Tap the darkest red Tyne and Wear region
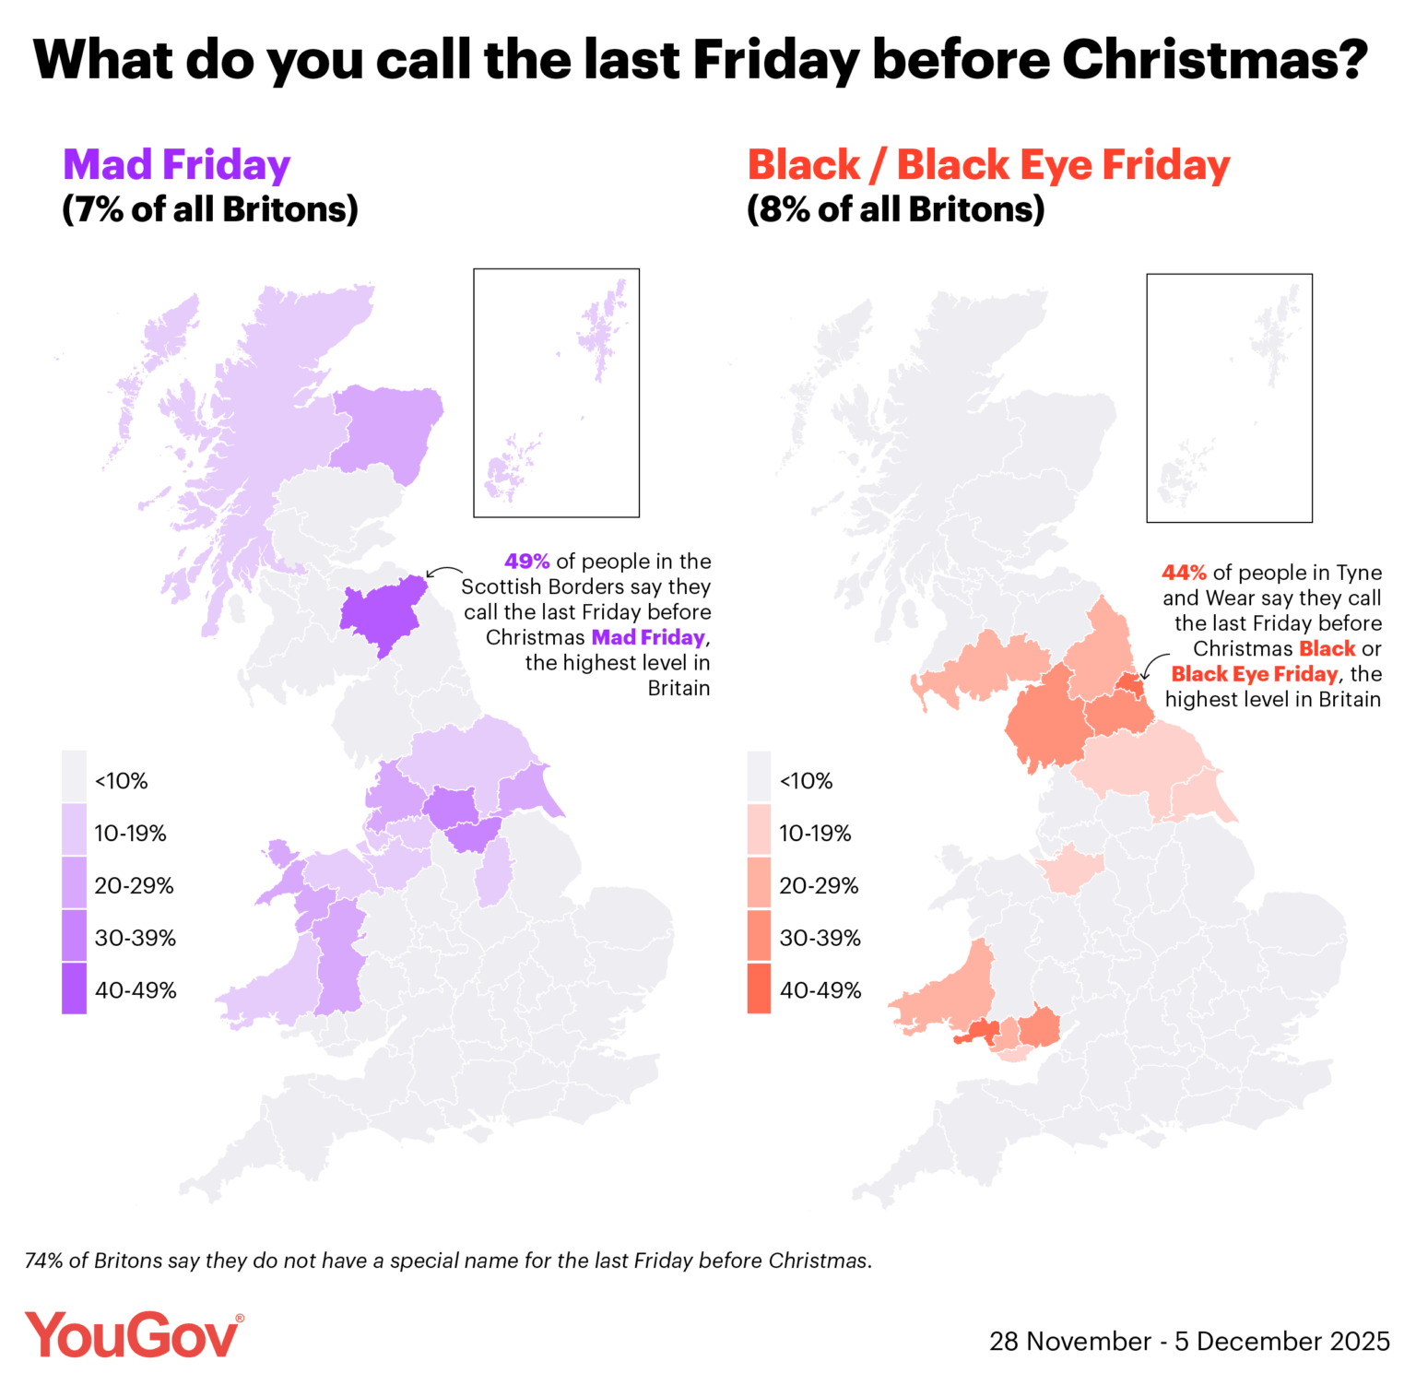click(1130, 686)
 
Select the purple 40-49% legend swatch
click(75, 988)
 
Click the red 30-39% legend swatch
click(760, 937)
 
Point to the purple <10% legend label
click(121, 781)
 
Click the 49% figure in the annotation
click(526, 562)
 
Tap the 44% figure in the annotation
click(1184, 573)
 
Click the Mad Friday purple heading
click(176, 165)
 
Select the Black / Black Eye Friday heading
click(988, 165)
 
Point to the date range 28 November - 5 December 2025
click(1189, 1341)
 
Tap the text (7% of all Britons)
click(209, 210)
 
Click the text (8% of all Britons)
click(895, 210)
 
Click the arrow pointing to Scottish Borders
click(444, 571)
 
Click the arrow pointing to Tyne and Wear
click(1153, 665)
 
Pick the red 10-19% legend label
click(815, 834)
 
